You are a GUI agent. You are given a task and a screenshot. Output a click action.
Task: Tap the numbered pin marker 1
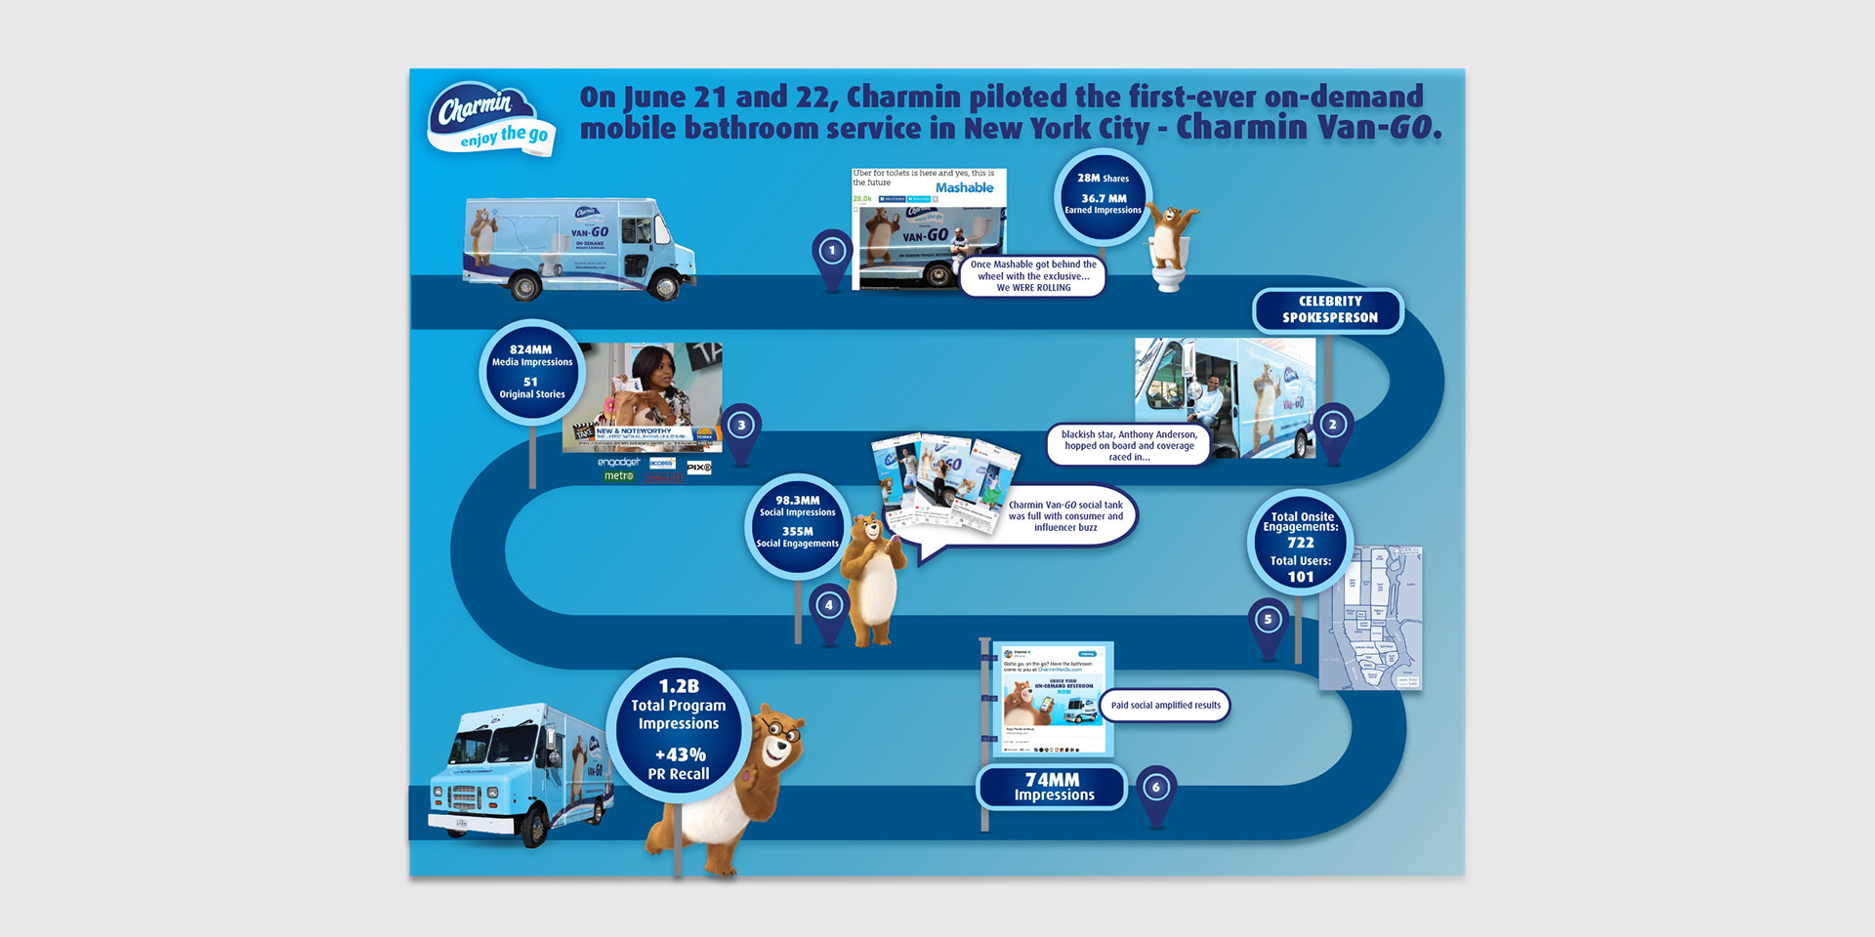pyautogui.click(x=832, y=252)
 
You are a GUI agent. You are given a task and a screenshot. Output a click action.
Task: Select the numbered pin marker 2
pyautogui.click(x=1333, y=426)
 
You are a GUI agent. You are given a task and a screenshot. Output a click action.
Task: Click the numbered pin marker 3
pyautogui.click(x=742, y=426)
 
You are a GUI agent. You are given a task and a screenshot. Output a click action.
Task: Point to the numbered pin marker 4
pyautogui.click(x=829, y=606)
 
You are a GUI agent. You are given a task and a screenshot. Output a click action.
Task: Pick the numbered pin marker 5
pyautogui.click(x=1269, y=620)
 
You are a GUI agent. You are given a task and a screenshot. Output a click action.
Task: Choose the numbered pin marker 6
pyautogui.click(x=1156, y=788)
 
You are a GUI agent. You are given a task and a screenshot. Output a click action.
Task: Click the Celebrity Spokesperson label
pyautogui.click(x=1329, y=310)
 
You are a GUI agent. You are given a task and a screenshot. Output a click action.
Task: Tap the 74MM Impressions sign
pyautogui.click(x=1053, y=787)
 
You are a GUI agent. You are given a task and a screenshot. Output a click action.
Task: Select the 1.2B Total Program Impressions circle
pyautogui.click(x=679, y=730)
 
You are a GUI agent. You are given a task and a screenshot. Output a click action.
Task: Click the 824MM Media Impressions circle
pyautogui.click(x=532, y=372)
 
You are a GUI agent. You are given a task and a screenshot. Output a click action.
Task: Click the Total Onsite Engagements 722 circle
pyautogui.click(x=1300, y=545)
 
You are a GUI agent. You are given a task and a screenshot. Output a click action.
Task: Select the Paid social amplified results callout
pyautogui.click(x=1165, y=706)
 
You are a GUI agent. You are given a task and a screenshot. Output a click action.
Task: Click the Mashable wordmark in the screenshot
pyautogui.click(x=964, y=188)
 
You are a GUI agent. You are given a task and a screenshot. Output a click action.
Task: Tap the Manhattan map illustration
pyautogui.click(x=1371, y=619)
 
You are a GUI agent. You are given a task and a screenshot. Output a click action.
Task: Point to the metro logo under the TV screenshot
pyautogui.click(x=618, y=476)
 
